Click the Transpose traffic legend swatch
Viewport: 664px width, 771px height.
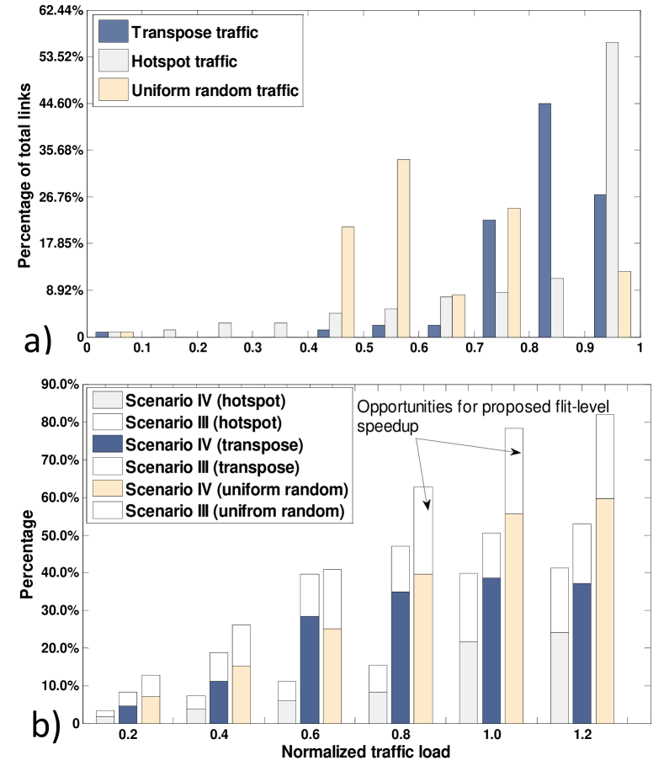[112, 34]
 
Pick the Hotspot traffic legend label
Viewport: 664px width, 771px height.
[184, 61]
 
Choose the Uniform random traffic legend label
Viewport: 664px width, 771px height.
[215, 90]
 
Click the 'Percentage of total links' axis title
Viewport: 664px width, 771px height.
[25, 174]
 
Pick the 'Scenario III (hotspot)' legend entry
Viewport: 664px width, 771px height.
[202, 421]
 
